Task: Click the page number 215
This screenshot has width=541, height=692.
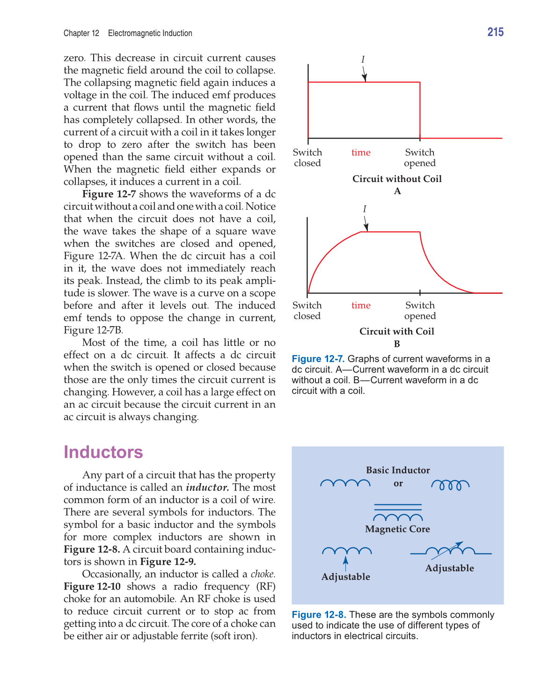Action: pyautogui.click(x=495, y=32)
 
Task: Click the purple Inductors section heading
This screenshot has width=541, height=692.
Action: pyautogui.click(x=103, y=452)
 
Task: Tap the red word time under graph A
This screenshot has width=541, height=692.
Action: pyautogui.click(x=361, y=153)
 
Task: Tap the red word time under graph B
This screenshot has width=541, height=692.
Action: pyautogui.click(x=361, y=306)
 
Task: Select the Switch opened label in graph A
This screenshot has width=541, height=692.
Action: pyautogui.click(x=420, y=158)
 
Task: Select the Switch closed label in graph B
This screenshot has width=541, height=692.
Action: pyautogui.click(x=307, y=311)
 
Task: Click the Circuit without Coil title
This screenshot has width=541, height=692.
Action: pyautogui.click(x=397, y=179)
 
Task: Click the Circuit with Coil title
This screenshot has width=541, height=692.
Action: pyautogui.click(x=397, y=331)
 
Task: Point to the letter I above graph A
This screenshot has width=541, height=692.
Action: pyautogui.click(x=363, y=59)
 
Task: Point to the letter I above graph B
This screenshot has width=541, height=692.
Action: pyautogui.click(x=365, y=209)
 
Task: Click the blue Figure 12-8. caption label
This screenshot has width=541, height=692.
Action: pyautogui.click(x=319, y=615)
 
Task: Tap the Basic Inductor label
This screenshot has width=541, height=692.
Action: pyautogui.click(x=398, y=470)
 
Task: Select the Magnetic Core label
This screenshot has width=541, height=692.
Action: pyautogui.click(x=397, y=529)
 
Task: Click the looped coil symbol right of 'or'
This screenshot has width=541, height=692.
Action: pyautogui.click(x=450, y=485)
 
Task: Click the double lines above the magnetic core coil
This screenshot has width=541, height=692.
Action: pyautogui.click(x=398, y=507)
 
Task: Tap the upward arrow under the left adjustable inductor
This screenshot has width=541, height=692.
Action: pyautogui.click(x=345, y=563)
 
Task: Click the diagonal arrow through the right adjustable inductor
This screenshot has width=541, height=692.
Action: pyautogui.click(x=447, y=551)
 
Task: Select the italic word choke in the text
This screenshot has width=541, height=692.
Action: pyautogui.click(x=263, y=574)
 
